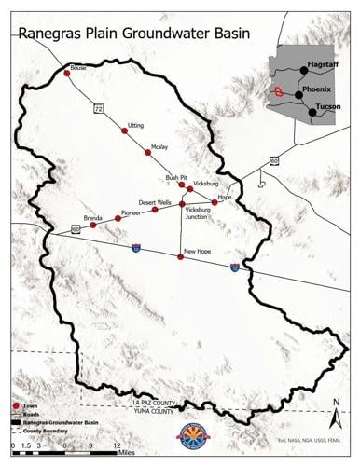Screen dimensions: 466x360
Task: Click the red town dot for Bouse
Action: [66, 72]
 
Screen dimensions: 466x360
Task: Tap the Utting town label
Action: [136, 124]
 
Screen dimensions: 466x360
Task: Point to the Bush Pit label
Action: [176, 177]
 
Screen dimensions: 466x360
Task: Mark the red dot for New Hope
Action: [181, 256]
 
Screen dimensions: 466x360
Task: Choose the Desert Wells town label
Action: [155, 201]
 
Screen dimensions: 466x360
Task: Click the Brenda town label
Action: [92, 217]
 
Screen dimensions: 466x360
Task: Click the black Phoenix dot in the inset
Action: [298, 94]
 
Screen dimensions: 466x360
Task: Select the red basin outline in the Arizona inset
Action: [279, 92]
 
